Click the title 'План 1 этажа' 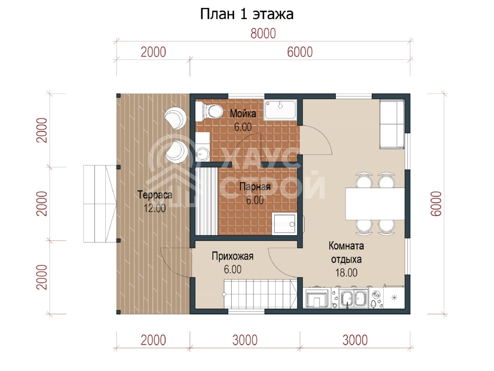click(247, 14)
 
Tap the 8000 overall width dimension click(263, 34)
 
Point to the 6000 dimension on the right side click(436, 204)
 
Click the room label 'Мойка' click(243, 114)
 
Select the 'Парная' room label click(255, 187)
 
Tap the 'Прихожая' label click(232, 256)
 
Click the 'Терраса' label click(155, 195)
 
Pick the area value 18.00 click(346, 273)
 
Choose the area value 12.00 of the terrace click(155, 208)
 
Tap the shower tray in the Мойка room click(281, 110)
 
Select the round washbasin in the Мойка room click(202, 154)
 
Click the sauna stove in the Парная click(284, 224)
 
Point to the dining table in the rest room click(375, 204)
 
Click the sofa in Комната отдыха click(392, 124)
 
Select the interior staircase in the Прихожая click(261, 294)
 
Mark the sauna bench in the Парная click(206, 201)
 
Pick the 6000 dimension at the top click(300, 52)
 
